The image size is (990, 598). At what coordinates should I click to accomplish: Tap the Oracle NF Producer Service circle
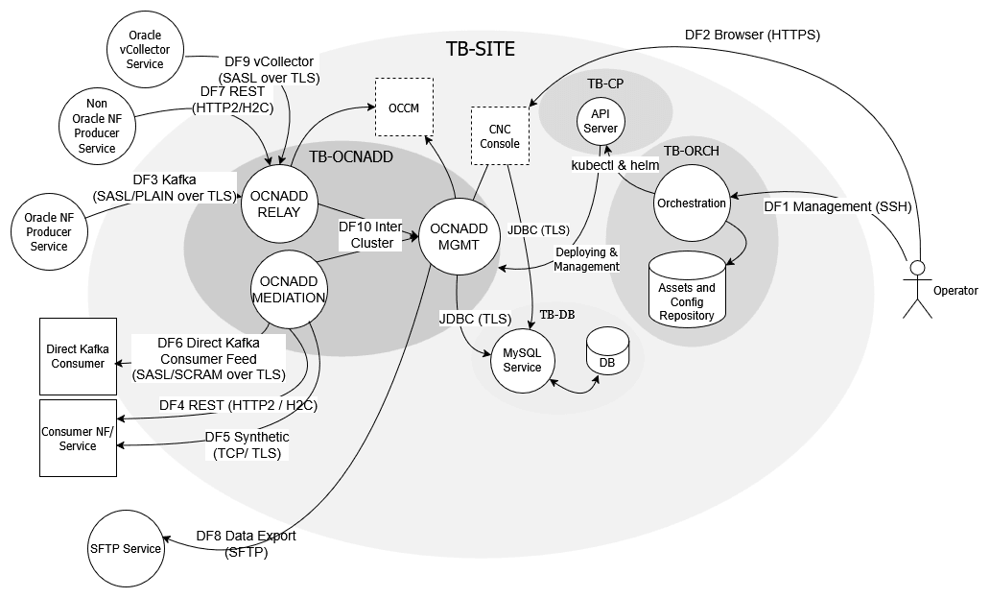pyautogui.click(x=48, y=231)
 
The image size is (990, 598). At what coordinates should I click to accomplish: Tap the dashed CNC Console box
pyautogui.click(x=500, y=136)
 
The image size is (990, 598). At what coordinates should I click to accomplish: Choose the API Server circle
pyautogui.click(x=601, y=121)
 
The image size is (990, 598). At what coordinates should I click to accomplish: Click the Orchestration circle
pyautogui.click(x=693, y=203)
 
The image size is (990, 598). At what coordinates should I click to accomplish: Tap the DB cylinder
pyautogui.click(x=607, y=351)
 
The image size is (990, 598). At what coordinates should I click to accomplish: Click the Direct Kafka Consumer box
pyautogui.click(x=77, y=357)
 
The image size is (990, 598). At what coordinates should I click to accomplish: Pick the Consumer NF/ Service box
pyautogui.click(x=77, y=439)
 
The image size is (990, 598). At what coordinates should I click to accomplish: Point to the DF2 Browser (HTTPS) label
pyautogui.click(x=752, y=34)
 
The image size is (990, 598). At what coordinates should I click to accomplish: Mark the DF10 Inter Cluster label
pyautogui.click(x=369, y=235)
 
